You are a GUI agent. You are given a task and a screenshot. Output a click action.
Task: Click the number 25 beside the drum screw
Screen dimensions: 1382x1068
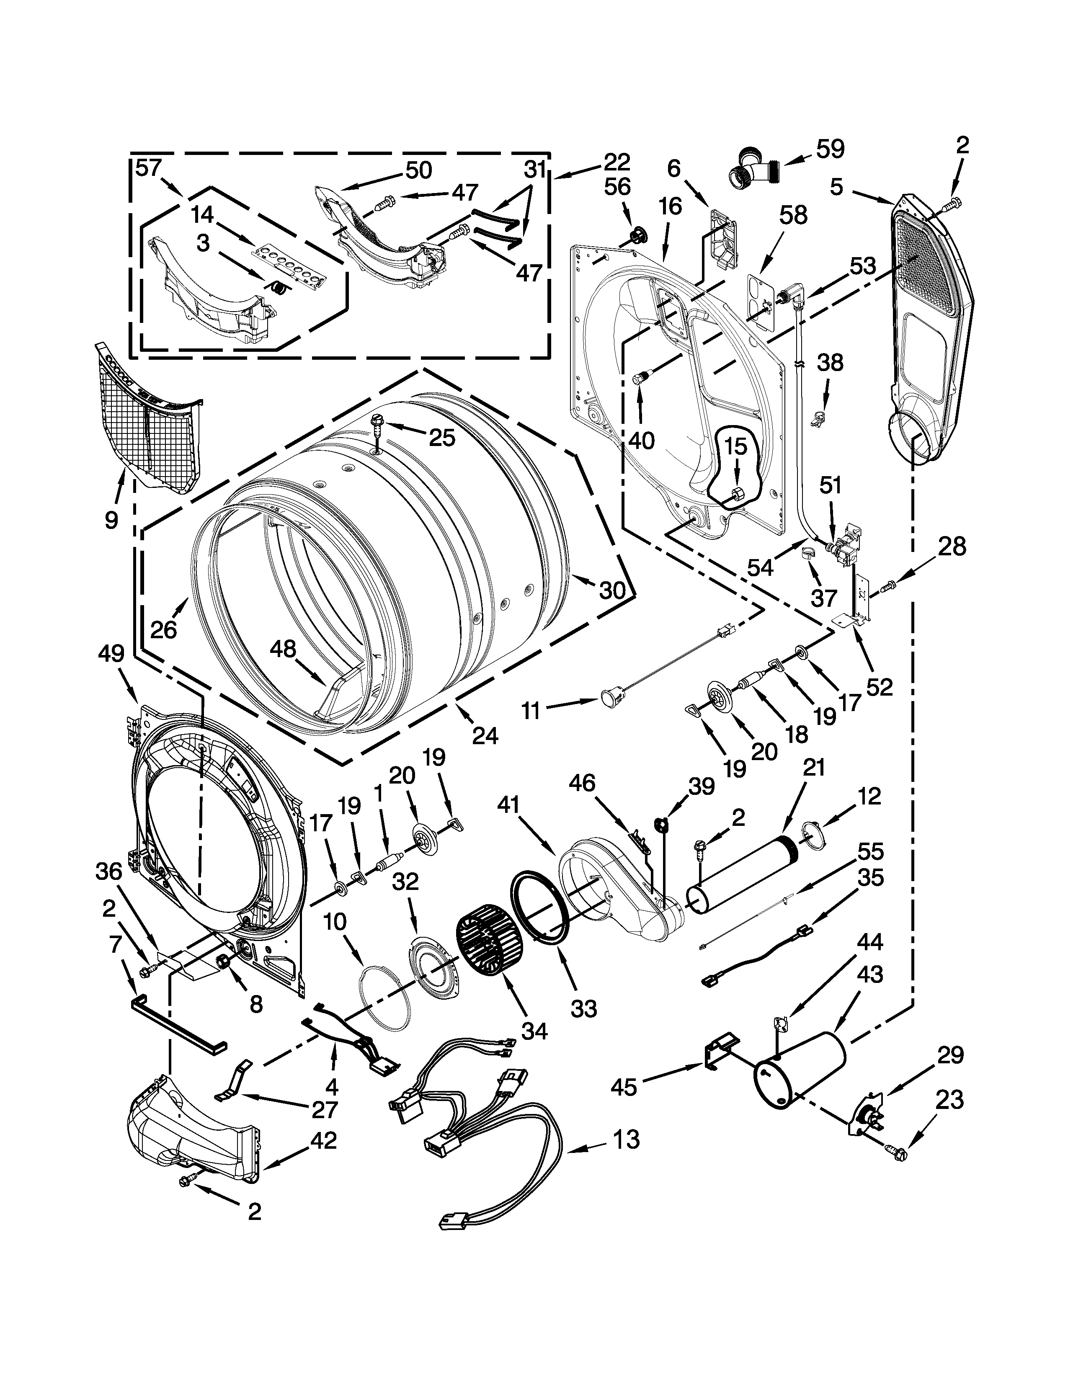point(441,437)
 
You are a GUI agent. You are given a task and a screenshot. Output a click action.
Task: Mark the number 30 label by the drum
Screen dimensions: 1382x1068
point(612,590)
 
